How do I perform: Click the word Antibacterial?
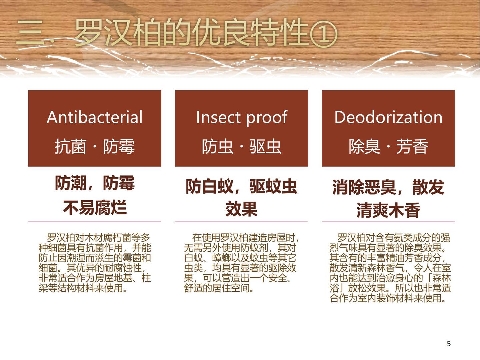coord(94,117)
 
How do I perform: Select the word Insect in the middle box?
coord(218,117)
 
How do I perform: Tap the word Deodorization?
coord(388,117)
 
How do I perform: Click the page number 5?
coord(449,344)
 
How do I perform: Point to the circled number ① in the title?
coord(324,34)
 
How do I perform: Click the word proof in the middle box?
coord(267,118)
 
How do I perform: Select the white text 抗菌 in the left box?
coord(70,146)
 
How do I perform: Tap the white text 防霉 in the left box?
coord(119,146)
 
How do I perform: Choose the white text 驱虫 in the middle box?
coord(265,146)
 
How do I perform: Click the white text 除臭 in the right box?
coord(365,146)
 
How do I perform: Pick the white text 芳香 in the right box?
coord(412,146)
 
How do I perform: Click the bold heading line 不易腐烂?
coord(95,207)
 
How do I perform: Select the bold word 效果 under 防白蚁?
coord(241,209)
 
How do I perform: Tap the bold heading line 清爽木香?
coord(388,210)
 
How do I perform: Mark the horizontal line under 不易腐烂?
coord(95,222)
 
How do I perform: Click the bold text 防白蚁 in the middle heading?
coord(209,186)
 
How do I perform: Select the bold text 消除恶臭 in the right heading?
coord(364,187)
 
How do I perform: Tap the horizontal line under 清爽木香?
coord(388,222)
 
